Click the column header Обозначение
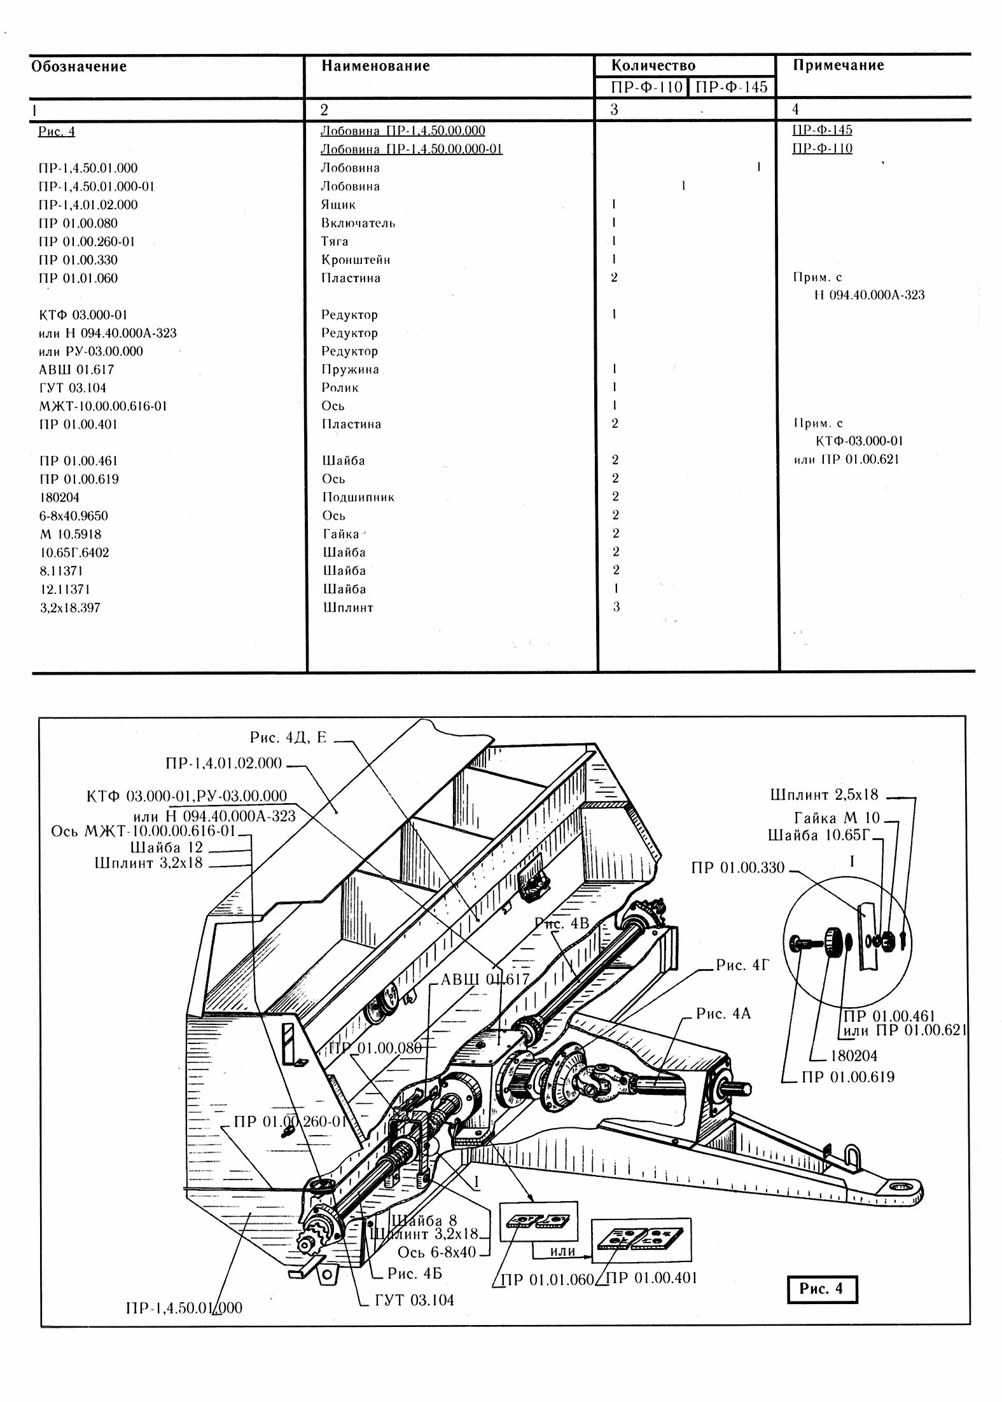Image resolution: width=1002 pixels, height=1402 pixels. click(x=80, y=67)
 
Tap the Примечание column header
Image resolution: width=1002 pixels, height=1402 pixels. click(x=838, y=65)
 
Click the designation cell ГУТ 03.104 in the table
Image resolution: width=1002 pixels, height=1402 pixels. click(x=72, y=388)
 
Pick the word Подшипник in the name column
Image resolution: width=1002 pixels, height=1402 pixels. click(x=358, y=497)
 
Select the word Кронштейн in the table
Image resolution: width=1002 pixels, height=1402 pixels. click(x=356, y=259)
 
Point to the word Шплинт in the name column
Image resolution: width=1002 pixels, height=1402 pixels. click(x=348, y=607)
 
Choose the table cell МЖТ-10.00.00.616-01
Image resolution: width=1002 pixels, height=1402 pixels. click(x=102, y=406)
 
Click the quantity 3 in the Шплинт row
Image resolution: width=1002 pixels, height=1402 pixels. click(x=616, y=607)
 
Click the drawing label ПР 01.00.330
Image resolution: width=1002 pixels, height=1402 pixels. click(x=738, y=868)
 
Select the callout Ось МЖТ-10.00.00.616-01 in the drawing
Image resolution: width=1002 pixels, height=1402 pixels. click(x=144, y=832)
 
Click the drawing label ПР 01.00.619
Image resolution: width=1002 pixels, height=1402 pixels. click(x=848, y=1076)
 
